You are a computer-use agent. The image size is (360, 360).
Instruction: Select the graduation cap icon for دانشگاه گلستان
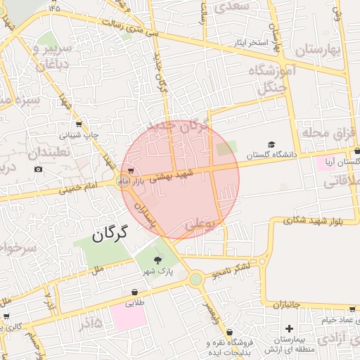point(271,144)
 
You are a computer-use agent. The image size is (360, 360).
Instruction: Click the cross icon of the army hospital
point(289,328)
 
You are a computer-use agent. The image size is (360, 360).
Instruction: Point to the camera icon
point(38,169)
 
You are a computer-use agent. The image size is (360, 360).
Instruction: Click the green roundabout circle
point(195,279)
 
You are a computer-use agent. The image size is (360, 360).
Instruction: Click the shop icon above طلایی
point(134,292)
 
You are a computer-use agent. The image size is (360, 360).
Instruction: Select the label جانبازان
point(286,305)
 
